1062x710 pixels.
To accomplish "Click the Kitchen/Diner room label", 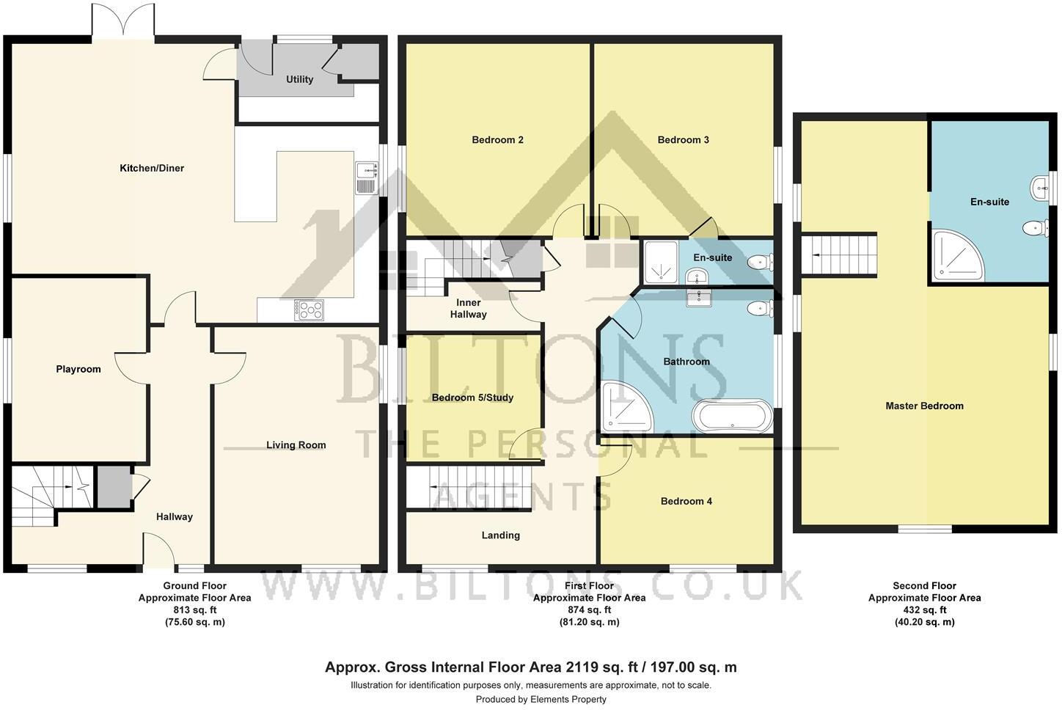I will point(152,169).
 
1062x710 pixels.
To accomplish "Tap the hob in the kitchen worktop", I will point(309,310).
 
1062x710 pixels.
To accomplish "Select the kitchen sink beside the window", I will point(365,178).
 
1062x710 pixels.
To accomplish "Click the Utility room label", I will point(300,79).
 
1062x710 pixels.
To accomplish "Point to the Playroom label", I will point(78,370).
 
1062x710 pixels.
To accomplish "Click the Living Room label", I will point(296,445).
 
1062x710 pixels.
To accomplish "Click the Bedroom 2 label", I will point(497,140).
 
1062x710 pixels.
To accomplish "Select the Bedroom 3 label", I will point(683,140).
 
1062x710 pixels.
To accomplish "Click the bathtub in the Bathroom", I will point(733,417).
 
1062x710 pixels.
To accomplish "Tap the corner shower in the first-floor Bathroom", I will point(624,408).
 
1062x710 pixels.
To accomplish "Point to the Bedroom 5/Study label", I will point(472,398).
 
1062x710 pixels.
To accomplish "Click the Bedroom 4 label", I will point(686,502).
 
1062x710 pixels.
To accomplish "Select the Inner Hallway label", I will point(469,309).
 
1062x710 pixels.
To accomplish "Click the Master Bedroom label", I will point(924,406).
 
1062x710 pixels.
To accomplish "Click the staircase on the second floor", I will point(839,255).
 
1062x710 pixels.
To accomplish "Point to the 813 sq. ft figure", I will point(194,610).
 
